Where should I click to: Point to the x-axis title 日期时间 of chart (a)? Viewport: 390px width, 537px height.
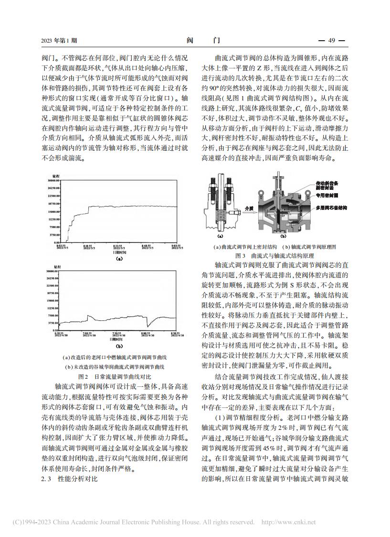tap(117, 252)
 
